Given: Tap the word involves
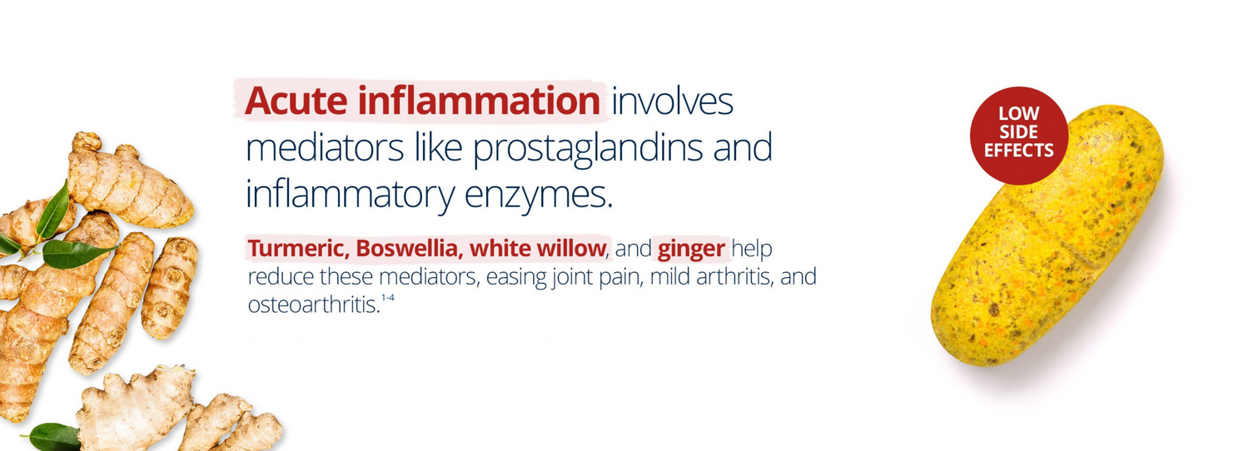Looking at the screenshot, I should [672, 102].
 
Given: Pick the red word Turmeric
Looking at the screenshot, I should [298, 249].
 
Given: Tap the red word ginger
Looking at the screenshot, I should [690, 249].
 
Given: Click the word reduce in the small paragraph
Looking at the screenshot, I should [276, 277].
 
